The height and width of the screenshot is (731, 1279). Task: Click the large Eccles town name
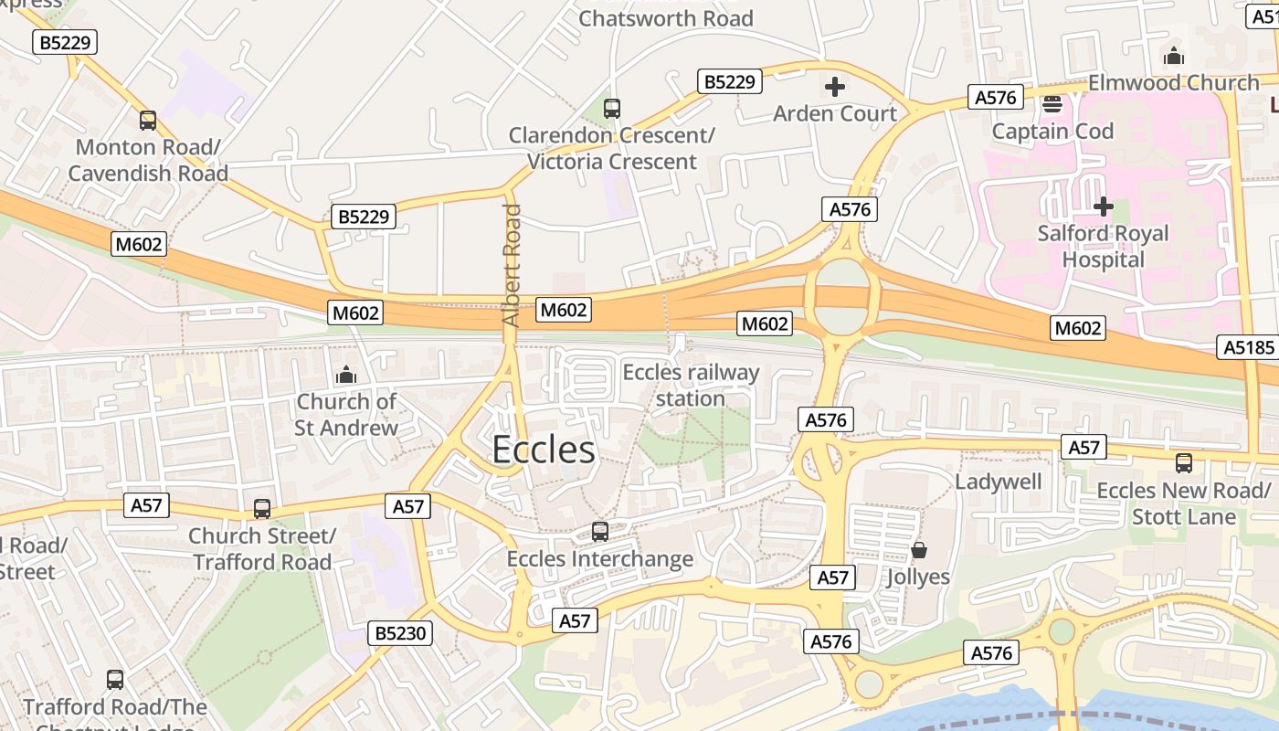544,450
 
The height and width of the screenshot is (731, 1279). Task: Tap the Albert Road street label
512,265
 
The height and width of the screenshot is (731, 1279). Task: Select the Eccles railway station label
691,386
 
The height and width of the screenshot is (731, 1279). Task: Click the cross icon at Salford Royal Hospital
1104,207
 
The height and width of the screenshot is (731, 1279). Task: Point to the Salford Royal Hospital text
1103,247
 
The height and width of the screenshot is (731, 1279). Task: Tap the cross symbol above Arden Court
834,87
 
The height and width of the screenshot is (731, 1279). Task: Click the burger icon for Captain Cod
1052,104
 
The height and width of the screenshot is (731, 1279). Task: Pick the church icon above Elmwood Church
1174,57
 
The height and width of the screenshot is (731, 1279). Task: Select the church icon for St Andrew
346,375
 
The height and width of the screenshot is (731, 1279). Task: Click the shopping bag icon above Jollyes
918,550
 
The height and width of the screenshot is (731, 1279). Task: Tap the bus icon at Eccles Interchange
600,532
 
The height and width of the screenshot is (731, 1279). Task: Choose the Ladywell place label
999,482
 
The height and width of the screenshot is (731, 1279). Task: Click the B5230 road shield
399,633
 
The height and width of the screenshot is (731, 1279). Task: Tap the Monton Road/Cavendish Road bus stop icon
148,121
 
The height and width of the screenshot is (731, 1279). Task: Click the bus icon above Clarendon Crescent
612,109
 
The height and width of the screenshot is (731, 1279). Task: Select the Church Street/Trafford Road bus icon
262,509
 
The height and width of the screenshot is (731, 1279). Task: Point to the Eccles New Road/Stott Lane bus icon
1184,463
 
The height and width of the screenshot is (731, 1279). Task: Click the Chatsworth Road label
666,18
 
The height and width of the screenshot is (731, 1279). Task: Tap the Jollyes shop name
918,577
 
